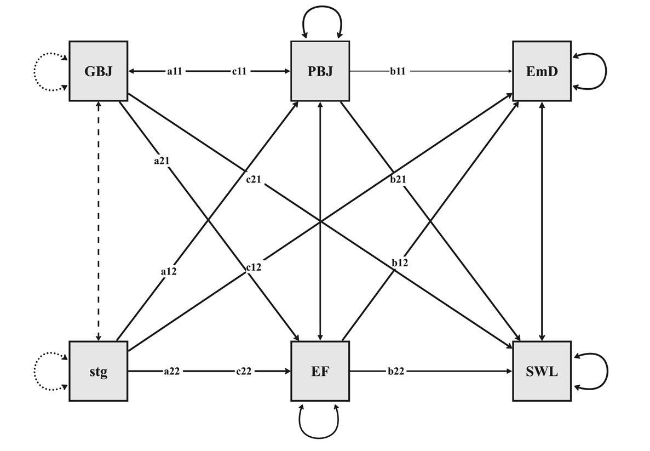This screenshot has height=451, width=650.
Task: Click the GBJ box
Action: click(x=99, y=71)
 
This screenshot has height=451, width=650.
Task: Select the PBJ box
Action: click(x=320, y=71)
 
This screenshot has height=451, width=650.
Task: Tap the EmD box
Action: click(x=542, y=71)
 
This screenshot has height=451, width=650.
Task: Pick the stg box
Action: click(x=99, y=371)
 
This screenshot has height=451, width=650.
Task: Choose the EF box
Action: click(x=320, y=371)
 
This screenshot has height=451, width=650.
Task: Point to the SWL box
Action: click(x=542, y=371)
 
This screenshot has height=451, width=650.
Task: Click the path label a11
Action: click(x=175, y=71)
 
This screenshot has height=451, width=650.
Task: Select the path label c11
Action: click(x=239, y=71)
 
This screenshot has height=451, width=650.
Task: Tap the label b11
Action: click(x=398, y=71)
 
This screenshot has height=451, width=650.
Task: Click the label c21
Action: click(x=253, y=179)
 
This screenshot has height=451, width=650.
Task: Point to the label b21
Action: click(x=398, y=179)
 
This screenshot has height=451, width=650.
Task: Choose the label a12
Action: click(x=168, y=270)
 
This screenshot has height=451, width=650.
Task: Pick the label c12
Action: click(x=253, y=267)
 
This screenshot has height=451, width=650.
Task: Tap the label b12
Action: click(x=400, y=264)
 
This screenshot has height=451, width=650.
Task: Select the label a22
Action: click(x=171, y=372)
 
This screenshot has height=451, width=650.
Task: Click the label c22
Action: click(x=244, y=372)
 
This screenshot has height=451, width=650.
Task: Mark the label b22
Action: click(x=395, y=372)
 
